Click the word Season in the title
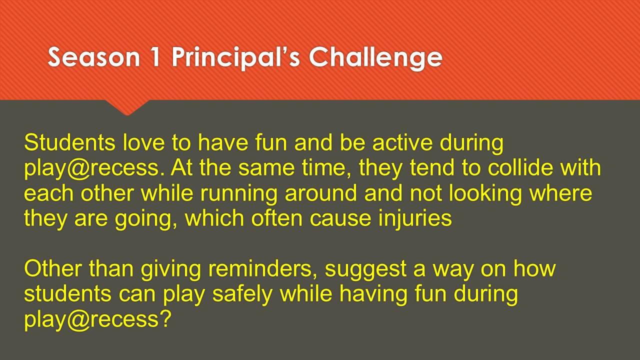coord(94,57)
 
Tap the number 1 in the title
coord(154,57)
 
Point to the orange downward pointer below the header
coord(127,107)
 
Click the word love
coord(144,142)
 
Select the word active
coord(402,142)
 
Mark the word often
coord(277,218)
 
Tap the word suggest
coord(365,270)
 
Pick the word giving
coord(171,270)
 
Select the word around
coord(321,193)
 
